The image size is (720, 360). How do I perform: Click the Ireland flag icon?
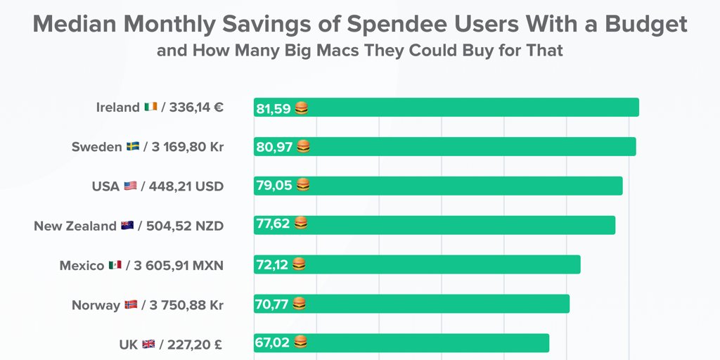pyautogui.click(x=150, y=108)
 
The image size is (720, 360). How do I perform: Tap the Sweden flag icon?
pyautogui.click(x=133, y=147)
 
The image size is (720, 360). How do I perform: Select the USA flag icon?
pyautogui.click(x=130, y=186)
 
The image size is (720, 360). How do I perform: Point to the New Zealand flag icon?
pyautogui.click(x=127, y=226)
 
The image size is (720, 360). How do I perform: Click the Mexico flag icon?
pyautogui.click(x=115, y=265)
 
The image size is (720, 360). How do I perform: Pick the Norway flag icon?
pyautogui.click(x=131, y=305)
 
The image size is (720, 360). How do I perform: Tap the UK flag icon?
pyautogui.click(x=148, y=345)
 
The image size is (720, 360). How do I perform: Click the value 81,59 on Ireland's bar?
pyautogui.click(x=274, y=108)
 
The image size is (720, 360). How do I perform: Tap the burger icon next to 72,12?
pyautogui.click(x=299, y=264)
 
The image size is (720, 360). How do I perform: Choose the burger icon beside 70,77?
pyautogui.click(x=299, y=304)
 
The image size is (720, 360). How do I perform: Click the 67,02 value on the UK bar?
pyautogui.click(x=274, y=342)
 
